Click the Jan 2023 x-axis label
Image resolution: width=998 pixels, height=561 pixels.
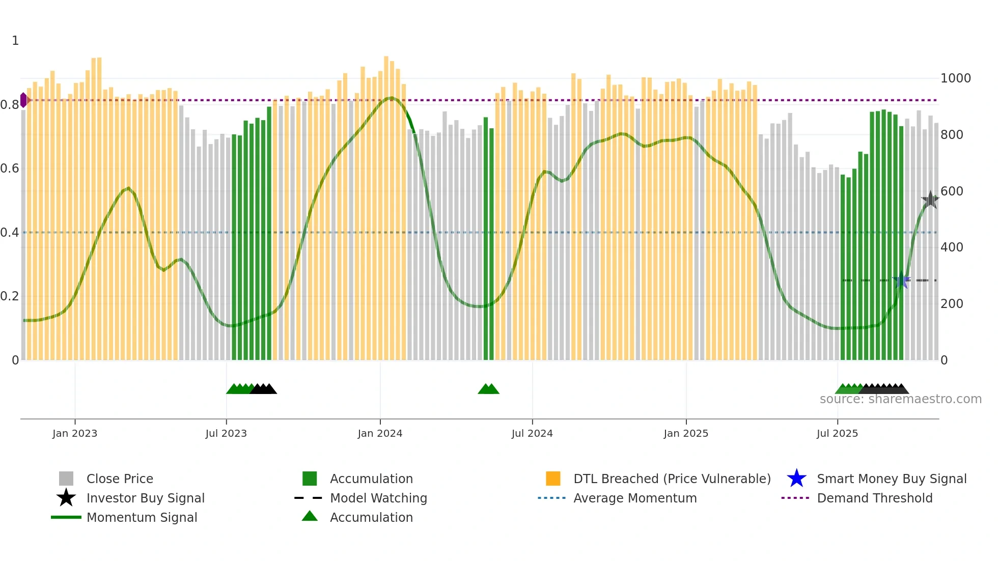[x=75, y=433]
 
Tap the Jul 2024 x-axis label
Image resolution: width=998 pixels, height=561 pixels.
[x=532, y=433]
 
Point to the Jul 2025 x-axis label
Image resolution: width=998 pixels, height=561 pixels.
[x=837, y=433]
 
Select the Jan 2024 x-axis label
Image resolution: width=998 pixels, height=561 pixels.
[x=380, y=433]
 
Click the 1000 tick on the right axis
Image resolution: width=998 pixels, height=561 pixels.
[x=955, y=78]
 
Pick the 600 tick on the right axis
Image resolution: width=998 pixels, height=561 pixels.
[x=952, y=191]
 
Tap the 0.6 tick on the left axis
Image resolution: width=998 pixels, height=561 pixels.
[x=10, y=169]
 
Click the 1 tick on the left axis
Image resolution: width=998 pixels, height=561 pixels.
[x=15, y=41]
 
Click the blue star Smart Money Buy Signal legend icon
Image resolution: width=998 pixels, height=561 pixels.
[x=796, y=479]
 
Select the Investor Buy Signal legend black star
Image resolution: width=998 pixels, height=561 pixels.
[x=66, y=498]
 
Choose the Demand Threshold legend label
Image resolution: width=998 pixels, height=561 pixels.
[x=874, y=498]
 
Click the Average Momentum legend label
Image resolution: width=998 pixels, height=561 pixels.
[x=635, y=498]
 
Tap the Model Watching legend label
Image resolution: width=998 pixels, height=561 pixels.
[x=378, y=498]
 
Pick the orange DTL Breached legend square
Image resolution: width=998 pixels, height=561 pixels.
[x=553, y=479]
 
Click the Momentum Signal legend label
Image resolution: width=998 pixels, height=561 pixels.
[x=142, y=517]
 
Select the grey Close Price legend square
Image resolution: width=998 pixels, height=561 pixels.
[x=66, y=479]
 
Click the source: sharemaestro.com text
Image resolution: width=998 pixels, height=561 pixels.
[x=900, y=399]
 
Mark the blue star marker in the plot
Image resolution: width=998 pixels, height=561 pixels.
[x=901, y=280]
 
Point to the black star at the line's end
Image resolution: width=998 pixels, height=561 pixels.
[x=930, y=200]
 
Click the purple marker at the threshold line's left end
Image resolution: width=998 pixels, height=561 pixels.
[x=23, y=100]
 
